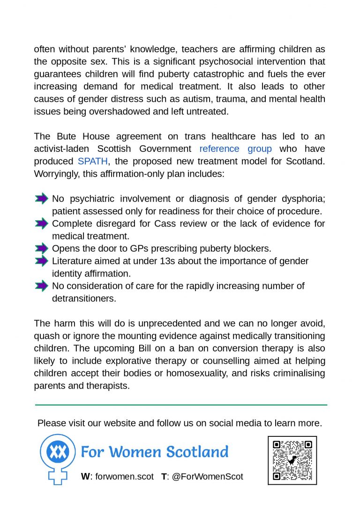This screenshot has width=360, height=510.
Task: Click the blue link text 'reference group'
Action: click(235, 149)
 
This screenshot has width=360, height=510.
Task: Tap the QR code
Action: click(292, 460)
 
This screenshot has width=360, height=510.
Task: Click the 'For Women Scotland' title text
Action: click(155, 452)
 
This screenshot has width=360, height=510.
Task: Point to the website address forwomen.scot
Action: click(124, 476)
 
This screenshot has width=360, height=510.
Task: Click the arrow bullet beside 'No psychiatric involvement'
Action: click(42, 199)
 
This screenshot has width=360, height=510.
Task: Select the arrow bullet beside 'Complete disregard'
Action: click(42, 224)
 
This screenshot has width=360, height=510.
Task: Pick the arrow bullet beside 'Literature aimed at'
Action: click(42, 261)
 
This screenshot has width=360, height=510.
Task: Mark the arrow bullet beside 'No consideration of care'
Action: click(42, 285)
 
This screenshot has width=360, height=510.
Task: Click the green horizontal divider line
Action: click(181, 405)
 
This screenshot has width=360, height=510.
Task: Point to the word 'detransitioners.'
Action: click(84, 298)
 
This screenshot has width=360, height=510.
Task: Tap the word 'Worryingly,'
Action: click(57, 174)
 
